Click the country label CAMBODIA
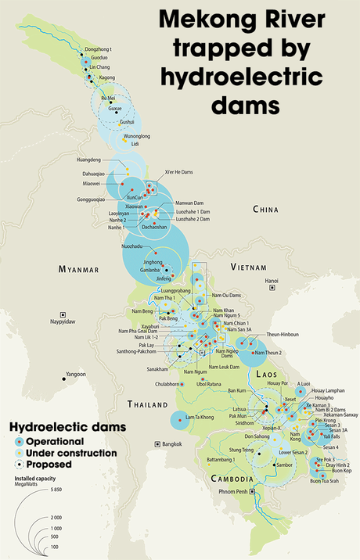230,479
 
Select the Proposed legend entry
50,464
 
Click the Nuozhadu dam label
133,246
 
